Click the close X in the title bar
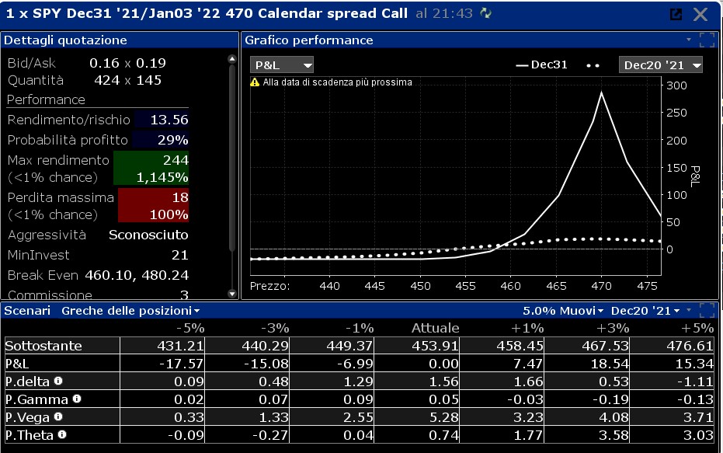pos(700,14)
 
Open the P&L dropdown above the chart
pos(282,65)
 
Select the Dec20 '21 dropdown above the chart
pos(660,65)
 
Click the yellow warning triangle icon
pos(255,82)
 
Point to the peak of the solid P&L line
pos(601,92)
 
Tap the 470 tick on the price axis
pos(601,286)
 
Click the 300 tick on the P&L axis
pos(676,85)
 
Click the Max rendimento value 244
pos(176,160)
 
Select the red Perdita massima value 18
pos(180,197)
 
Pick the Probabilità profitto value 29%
pos(172,140)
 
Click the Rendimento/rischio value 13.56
pos(169,120)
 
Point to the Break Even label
pos(43,275)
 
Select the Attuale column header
pos(435,328)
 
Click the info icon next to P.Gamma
pos(77,399)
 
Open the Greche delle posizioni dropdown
pos(130,311)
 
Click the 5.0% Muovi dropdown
pos(563,311)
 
